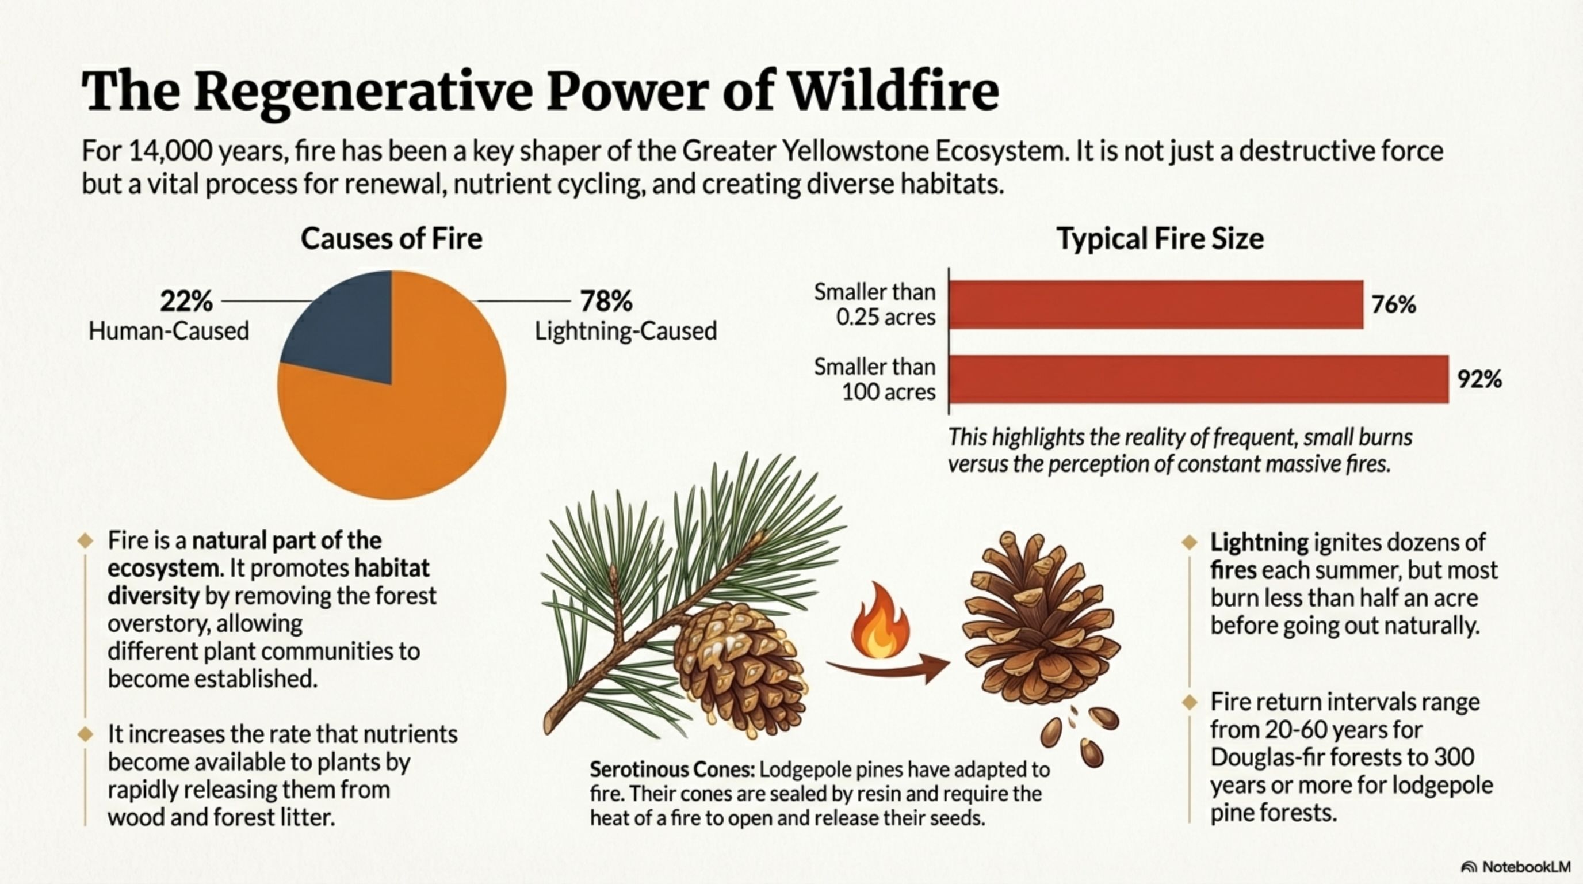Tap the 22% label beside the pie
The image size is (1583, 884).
click(186, 301)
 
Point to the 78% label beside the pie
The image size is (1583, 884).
click(606, 301)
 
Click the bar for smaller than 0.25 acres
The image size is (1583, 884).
click(1155, 305)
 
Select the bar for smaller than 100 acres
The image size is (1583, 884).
click(1198, 379)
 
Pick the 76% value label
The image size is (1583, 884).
click(1393, 305)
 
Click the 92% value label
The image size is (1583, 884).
click(1479, 380)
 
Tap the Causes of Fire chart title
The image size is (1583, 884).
click(392, 238)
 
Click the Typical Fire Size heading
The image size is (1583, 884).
click(1160, 238)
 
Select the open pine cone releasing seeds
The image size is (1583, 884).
click(1038, 621)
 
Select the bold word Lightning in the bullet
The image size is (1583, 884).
click(1259, 542)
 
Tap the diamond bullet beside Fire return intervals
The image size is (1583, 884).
click(1190, 702)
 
